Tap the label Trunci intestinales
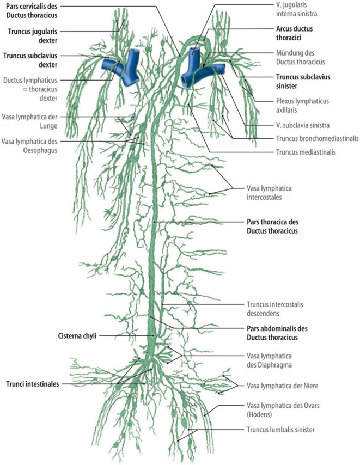(x=33, y=383)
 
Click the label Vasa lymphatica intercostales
(x=271, y=193)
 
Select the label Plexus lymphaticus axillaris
(x=300, y=105)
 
